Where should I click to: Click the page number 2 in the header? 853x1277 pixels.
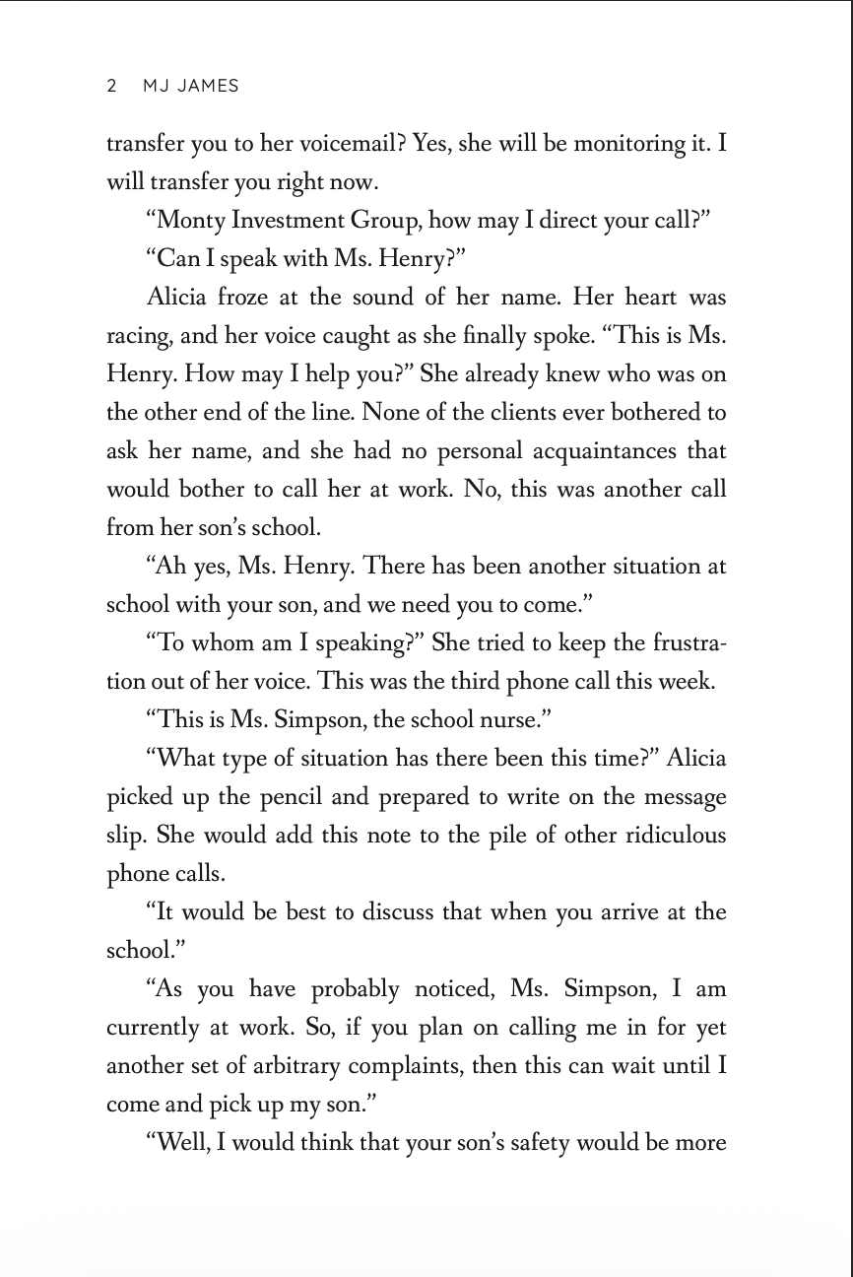click(x=111, y=86)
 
